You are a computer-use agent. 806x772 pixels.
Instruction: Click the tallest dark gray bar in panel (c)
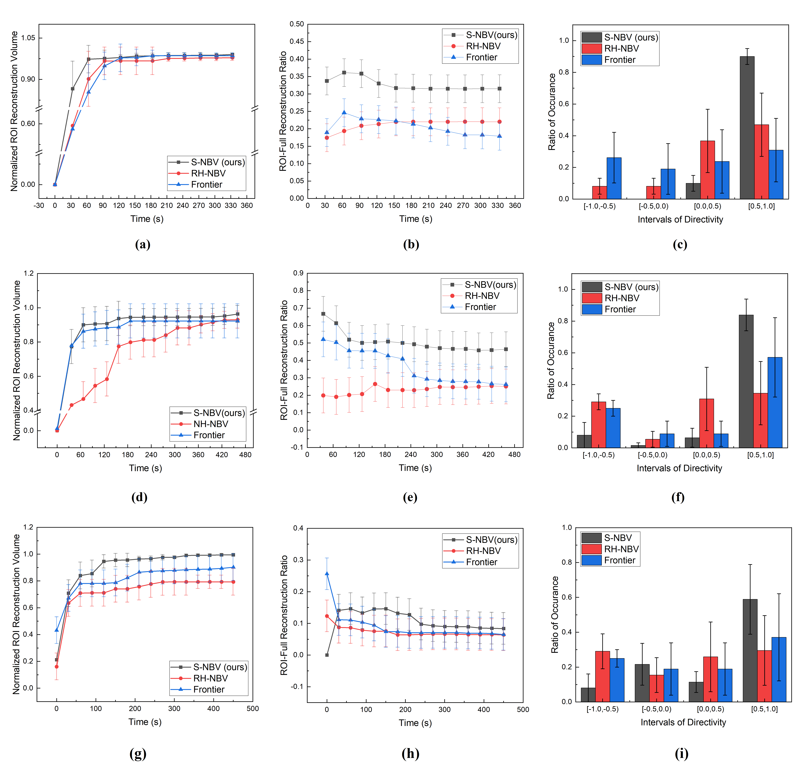click(747, 128)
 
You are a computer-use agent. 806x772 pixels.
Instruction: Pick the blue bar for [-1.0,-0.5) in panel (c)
click(614, 178)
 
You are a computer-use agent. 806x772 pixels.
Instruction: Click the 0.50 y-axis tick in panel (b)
click(296, 24)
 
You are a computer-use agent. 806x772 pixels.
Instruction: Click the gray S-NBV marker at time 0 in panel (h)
click(327, 655)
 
